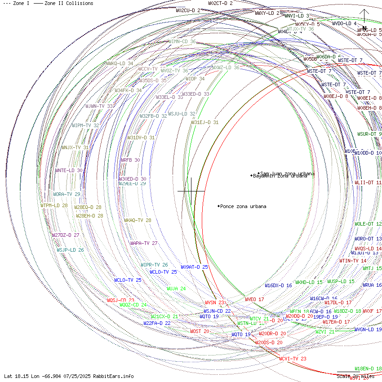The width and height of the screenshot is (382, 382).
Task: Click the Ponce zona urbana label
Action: (x=243, y=207)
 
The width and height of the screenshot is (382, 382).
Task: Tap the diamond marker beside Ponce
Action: (x=219, y=206)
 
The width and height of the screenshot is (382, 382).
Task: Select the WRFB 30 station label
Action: (x=130, y=160)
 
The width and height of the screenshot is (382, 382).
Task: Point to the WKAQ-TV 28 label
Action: (x=138, y=221)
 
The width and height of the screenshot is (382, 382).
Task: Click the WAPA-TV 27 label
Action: (x=144, y=243)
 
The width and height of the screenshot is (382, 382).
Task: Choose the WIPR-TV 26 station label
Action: (x=154, y=265)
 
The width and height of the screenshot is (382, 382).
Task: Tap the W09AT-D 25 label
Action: (x=195, y=267)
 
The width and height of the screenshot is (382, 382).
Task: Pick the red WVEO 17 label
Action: (x=254, y=299)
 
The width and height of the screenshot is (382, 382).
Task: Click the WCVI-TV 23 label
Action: (x=293, y=359)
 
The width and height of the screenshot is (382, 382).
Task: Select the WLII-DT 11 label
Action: (x=368, y=183)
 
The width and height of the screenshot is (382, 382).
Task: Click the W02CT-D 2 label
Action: (x=220, y=3)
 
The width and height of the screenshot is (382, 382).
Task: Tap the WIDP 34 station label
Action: (x=195, y=79)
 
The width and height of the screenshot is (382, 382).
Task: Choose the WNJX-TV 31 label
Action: (x=75, y=147)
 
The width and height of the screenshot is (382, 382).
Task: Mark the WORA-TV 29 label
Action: (x=67, y=195)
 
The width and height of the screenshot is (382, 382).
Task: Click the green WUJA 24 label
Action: (x=176, y=289)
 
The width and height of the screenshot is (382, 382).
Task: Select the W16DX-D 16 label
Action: (x=278, y=285)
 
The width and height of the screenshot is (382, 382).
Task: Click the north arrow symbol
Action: (x=364, y=18)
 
